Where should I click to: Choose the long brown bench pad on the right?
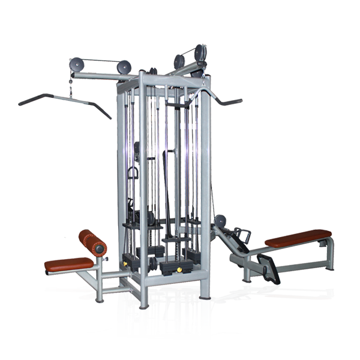coord(298,238)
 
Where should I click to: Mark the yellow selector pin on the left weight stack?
coord(128,262)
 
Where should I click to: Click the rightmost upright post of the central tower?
coord(205,198)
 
